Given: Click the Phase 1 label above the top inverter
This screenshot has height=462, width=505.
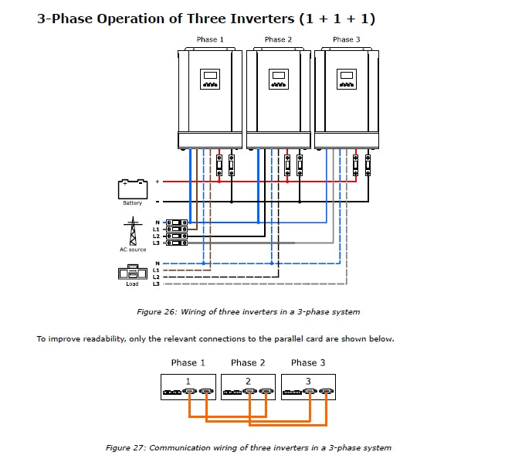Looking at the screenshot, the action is [x=210, y=39].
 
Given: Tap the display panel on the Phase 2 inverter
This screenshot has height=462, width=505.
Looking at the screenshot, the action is [x=279, y=79].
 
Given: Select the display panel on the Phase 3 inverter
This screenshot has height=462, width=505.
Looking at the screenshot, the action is [x=347, y=79].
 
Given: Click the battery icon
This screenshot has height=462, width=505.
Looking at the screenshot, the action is [x=133, y=189].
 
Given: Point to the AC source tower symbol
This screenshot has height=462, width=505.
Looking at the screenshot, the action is [x=133, y=231].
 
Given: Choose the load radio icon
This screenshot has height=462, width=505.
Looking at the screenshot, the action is [x=133, y=272].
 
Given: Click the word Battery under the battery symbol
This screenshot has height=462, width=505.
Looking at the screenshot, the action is [x=132, y=203].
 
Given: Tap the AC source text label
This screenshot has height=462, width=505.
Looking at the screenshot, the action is [x=133, y=250].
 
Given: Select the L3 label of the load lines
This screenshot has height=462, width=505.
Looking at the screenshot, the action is [x=156, y=284].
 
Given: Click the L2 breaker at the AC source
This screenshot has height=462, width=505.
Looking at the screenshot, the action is [x=177, y=236].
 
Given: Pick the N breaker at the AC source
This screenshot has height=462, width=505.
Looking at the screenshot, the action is [x=177, y=223].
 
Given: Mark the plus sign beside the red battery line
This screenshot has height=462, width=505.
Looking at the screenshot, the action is [x=158, y=182].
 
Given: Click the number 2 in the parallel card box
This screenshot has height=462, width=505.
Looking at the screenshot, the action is [x=248, y=382].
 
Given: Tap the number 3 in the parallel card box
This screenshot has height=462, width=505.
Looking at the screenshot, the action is [x=308, y=382].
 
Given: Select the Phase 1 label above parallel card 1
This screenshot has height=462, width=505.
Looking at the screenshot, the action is [x=188, y=363].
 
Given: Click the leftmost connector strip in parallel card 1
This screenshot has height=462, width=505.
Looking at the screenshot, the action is [x=172, y=392].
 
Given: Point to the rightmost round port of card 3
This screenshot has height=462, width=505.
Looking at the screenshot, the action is [x=327, y=392].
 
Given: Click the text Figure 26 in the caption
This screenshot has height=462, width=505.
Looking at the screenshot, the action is [x=157, y=312].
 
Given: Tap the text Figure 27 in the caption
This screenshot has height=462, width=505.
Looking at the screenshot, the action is [x=126, y=448].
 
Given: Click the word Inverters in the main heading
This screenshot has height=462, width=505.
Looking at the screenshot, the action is [x=263, y=19].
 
